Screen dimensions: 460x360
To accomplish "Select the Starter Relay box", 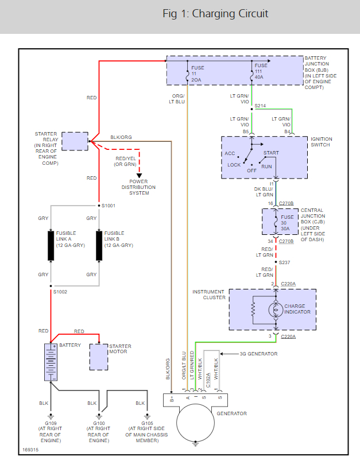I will tap(75, 141).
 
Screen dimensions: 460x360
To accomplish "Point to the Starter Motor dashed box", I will tap(99, 357).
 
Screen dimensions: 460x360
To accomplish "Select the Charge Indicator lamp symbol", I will tap(276, 309).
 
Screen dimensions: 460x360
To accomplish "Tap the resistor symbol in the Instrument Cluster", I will tap(253, 310).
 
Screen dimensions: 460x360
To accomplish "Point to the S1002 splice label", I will tap(60, 292).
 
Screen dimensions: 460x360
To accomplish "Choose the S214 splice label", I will tap(261, 106).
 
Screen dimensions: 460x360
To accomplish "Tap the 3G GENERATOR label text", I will tap(258, 354).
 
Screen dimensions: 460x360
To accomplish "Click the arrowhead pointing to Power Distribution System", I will tap(139, 175).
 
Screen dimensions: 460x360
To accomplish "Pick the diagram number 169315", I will tap(31, 450).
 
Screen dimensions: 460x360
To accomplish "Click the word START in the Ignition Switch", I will tap(271, 153).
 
